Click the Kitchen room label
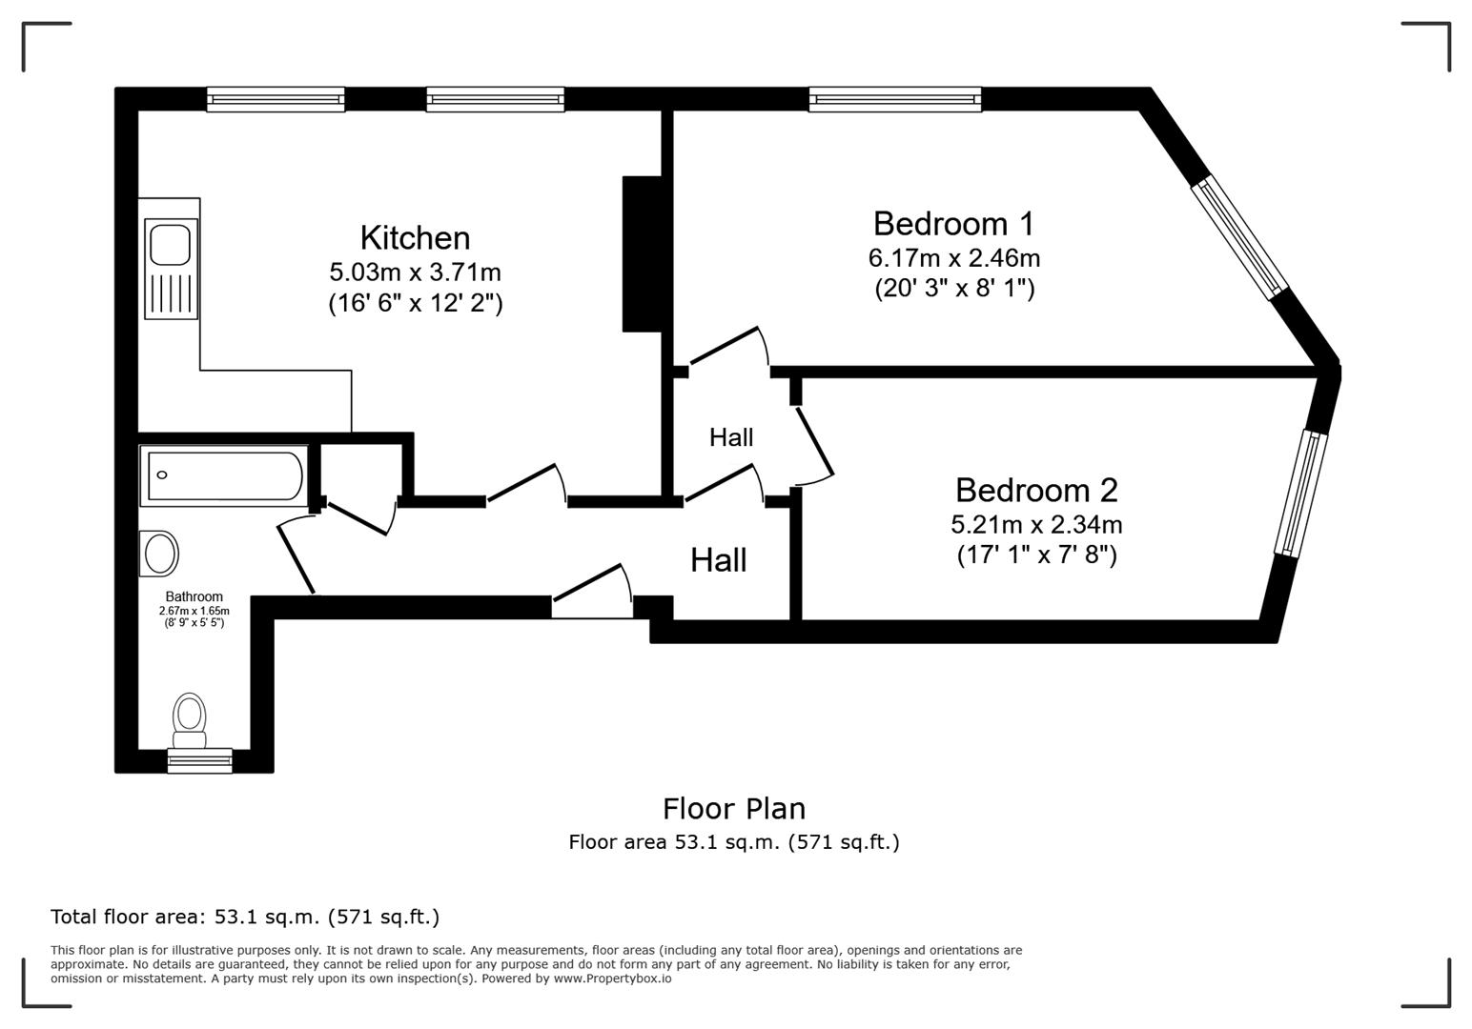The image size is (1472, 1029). click(x=415, y=237)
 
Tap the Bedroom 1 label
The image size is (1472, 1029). click(x=952, y=223)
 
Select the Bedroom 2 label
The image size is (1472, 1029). click(x=1035, y=490)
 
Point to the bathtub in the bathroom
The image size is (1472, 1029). click(x=223, y=474)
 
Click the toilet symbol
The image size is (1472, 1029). click(x=190, y=721)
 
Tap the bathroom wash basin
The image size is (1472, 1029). click(x=159, y=554)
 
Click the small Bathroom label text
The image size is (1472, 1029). click(x=194, y=596)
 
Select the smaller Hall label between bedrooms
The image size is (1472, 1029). click(x=731, y=437)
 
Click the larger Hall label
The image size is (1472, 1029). click(x=718, y=559)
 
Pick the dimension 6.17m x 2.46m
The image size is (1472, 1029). click(x=953, y=257)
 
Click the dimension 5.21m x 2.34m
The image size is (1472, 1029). click(x=1035, y=524)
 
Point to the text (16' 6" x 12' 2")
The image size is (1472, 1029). click(x=415, y=303)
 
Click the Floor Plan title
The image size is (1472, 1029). click(x=734, y=808)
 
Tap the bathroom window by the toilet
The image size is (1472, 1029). click(x=199, y=760)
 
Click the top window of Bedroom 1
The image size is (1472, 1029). click(x=894, y=99)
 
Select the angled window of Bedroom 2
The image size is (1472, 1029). click(x=1300, y=493)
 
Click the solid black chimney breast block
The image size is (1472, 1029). click(x=642, y=253)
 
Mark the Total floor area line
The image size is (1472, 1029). click(x=245, y=917)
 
